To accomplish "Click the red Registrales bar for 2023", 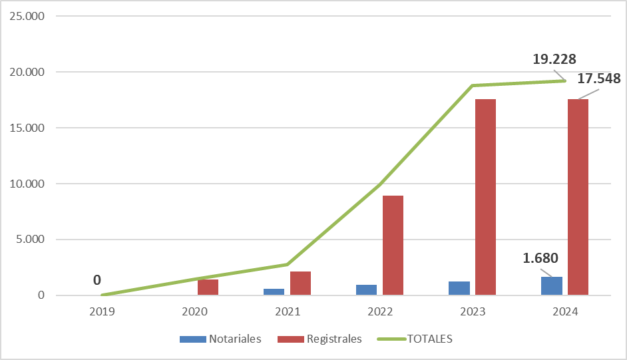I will pyautogui.click(x=485, y=197).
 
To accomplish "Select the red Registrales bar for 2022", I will pyautogui.click(x=393, y=245).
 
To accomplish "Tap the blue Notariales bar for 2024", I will pyautogui.click(x=552, y=286).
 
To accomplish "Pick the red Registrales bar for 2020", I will pyautogui.click(x=208, y=287).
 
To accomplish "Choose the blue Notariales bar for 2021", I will pyautogui.click(x=274, y=291).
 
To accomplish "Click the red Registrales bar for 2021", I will pyautogui.click(x=300, y=283).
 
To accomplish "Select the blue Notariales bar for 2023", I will pyautogui.click(x=459, y=288).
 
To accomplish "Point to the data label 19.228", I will pyautogui.click(x=554, y=59).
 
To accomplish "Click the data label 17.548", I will pyautogui.click(x=598, y=79).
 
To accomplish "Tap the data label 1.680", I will pyautogui.click(x=540, y=258).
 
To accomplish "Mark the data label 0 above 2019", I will pyautogui.click(x=97, y=280).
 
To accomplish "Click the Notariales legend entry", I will pyautogui.click(x=220, y=339).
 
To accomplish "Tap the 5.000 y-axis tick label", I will pyautogui.click(x=30, y=240).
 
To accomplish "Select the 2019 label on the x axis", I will pyautogui.click(x=103, y=311).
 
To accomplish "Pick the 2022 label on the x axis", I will pyautogui.click(x=380, y=311).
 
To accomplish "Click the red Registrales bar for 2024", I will pyautogui.click(x=578, y=197).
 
